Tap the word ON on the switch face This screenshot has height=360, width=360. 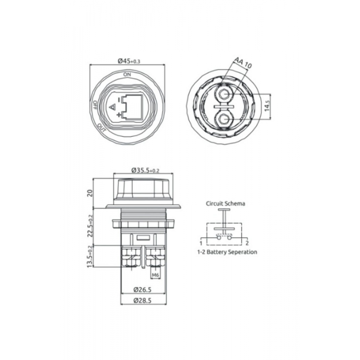(127, 74)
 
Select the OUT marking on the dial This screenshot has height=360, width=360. (101, 127)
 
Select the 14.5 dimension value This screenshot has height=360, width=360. (267, 107)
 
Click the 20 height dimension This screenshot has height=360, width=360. (90, 193)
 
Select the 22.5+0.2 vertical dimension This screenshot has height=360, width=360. (90, 226)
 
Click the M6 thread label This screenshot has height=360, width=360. (155, 275)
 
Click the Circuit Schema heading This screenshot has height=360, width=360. (225, 203)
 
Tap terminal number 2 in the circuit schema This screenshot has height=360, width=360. (247, 243)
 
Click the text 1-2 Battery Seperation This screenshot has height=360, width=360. (227, 252)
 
